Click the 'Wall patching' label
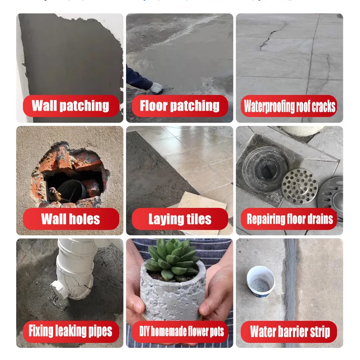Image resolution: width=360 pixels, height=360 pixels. click(x=71, y=106)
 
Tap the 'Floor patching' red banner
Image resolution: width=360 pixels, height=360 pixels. click(x=180, y=106)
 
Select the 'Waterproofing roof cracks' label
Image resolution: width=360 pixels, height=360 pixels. click(x=289, y=106)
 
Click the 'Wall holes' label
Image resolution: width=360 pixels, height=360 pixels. click(x=71, y=219)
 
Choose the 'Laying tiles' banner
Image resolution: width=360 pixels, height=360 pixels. click(x=180, y=219)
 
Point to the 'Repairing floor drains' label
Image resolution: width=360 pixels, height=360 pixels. click(x=289, y=219)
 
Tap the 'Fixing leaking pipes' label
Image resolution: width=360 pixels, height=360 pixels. click(x=71, y=332)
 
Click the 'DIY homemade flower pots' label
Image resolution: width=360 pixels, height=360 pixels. click(x=180, y=332)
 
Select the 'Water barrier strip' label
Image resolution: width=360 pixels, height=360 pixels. click(x=289, y=332)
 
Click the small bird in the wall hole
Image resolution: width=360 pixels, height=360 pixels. click(x=54, y=194)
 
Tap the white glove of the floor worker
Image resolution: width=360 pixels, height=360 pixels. click(x=157, y=88)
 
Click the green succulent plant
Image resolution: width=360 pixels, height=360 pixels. click(x=172, y=259)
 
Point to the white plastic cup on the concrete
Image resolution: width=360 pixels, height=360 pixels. click(x=261, y=282)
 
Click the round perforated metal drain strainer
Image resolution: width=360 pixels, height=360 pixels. click(x=300, y=186)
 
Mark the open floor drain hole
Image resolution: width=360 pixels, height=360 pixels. click(x=267, y=170)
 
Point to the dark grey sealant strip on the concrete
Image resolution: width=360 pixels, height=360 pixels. click(x=291, y=280)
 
